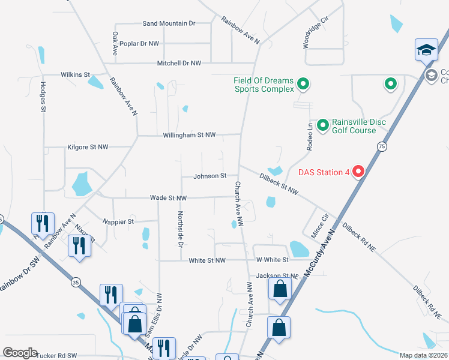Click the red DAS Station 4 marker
click(358, 172)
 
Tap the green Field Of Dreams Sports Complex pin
click(303, 84)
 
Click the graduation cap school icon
click(426, 50)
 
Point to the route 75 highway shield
click(382, 146)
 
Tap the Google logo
click(20, 353)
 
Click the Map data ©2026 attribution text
click(424, 355)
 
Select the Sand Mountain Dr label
click(169, 23)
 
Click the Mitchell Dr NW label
click(179, 63)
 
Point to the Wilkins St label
click(75, 74)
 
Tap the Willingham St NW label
click(189, 136)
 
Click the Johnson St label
click(209, 176)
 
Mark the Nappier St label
click(118, 221)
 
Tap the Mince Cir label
click(321, 226)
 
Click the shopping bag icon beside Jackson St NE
click(280, 289)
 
